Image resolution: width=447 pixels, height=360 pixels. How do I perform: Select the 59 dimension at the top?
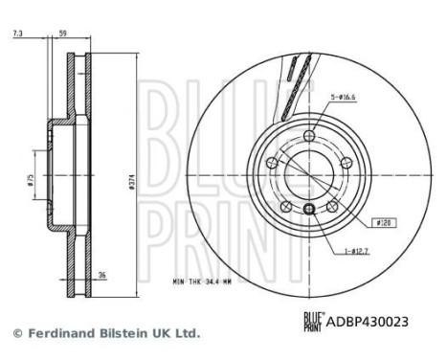tap(63, 34)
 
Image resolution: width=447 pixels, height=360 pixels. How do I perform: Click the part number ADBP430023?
tap(367, 324)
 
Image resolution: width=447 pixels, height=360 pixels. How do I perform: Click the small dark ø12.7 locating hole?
tap(308, 210)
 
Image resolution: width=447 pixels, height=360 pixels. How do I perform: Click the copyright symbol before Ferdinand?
tap(15, 334)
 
